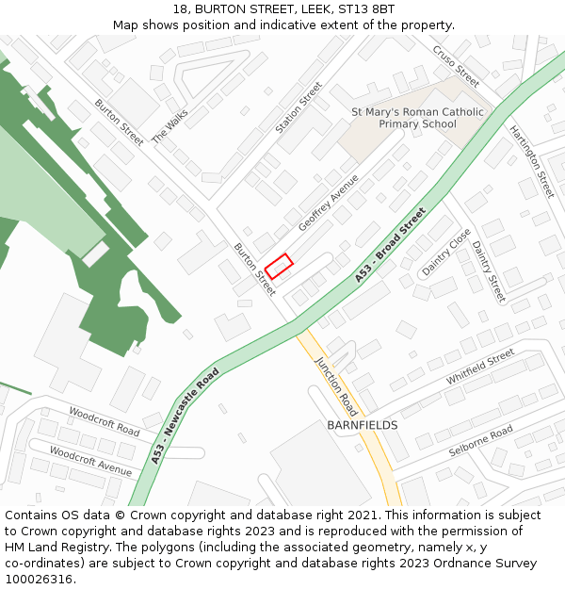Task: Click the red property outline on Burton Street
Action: pyautogui.click(x=279, y=267)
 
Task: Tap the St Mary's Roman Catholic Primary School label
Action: pyautogui.click(x=417, y=118)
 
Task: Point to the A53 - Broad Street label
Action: pyautogui.click(x=391, y=245)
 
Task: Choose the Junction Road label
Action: pyautogui.click(x=336, y=386)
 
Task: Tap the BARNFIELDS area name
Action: pyautogui.click(x=363, y=425)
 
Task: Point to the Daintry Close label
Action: pyautogui.click(x=445, y=252)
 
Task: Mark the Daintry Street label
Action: pyautogui.click(x=489, y=271)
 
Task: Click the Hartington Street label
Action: pyautogui.click(x=532, y=162)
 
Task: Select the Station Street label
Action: pyautogui.click(x=299, y=106)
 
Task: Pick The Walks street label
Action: pyautogui.click(x=170, y=123)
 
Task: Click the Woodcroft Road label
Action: pyautogui.click(x=104, y=421)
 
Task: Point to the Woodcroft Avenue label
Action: pyautogui.click(x=90, y=460)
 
